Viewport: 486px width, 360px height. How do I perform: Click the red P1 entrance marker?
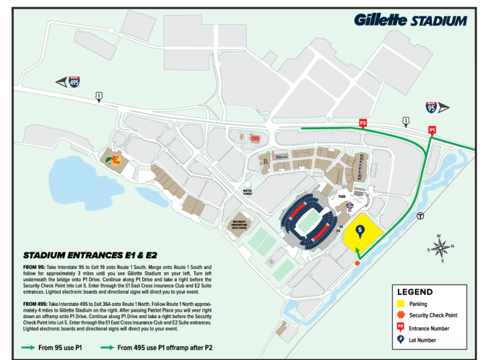coord(433,129)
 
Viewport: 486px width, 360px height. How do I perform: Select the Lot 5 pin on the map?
coord(360,231)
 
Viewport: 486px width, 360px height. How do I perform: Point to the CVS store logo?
coord(255,138)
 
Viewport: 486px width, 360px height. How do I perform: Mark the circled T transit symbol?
coord(419,216)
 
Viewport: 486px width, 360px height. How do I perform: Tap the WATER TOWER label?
coord(247,192)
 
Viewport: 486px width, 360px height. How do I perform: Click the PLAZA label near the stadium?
coord(343,197)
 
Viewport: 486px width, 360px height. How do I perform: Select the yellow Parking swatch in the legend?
coord(401,304)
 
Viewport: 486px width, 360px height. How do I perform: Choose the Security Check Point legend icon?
coord(401,315)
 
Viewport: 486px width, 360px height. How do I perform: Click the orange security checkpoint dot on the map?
coord(357,263)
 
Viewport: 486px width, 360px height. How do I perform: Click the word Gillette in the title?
coord(380,19)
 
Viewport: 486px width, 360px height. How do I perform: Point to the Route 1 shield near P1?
coord(405,122)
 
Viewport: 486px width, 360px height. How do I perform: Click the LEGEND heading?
coord(415,291)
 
